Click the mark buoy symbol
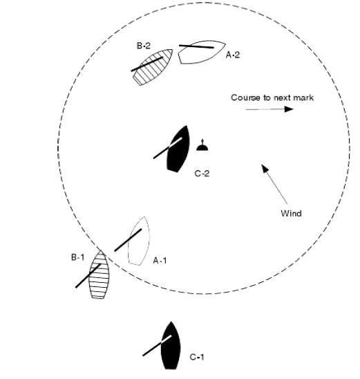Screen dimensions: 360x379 [202, 145]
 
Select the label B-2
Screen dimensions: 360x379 [144, 46]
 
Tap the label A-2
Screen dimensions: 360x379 [233, 55]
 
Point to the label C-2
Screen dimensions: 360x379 [202, 174]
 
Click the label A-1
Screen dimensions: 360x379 [160, 261]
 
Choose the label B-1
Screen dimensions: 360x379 [78, 257]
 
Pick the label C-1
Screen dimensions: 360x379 [197, 357]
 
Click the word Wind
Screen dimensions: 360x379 [291, 214]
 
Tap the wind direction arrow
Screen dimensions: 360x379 [274, 184]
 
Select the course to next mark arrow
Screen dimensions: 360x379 [269, 109]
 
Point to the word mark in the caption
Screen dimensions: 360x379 [303, 98]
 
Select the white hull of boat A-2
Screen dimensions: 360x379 [202, 52]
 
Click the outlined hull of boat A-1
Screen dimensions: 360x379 [139, 241]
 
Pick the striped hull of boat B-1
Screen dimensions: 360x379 [99, 275]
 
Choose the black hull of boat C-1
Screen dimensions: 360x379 [171, 346]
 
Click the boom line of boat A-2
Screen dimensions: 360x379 [196, 46]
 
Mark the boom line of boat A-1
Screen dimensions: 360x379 [128, 240]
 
